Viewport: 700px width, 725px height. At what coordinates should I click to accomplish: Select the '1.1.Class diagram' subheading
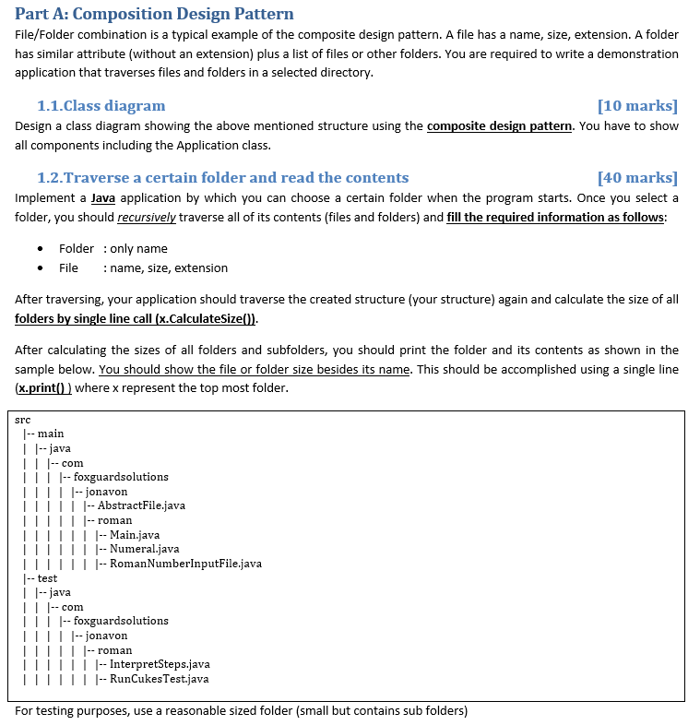[x=101, y=105]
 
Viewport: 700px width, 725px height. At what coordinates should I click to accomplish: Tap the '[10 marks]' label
[x=637, y=105]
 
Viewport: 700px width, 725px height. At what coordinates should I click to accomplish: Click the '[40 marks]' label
[x=637, y=177]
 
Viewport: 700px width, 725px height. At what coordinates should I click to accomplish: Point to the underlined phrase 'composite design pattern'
[x=500, y=125]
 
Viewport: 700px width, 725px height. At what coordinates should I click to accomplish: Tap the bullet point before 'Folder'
[x=40, y=249]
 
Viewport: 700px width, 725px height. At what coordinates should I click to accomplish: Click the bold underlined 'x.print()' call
[x=43, y=388]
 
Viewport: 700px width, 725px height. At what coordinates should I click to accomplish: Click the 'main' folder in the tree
[x=51, y=434]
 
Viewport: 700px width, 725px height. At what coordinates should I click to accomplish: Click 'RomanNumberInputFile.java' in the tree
[x=185, y=564]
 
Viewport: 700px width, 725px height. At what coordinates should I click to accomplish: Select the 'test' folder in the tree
[x=47, y=578]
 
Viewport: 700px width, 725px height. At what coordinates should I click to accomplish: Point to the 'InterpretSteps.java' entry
[x=160, y=664]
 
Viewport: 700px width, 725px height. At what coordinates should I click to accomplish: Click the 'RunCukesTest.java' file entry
[x=159, y=679]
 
